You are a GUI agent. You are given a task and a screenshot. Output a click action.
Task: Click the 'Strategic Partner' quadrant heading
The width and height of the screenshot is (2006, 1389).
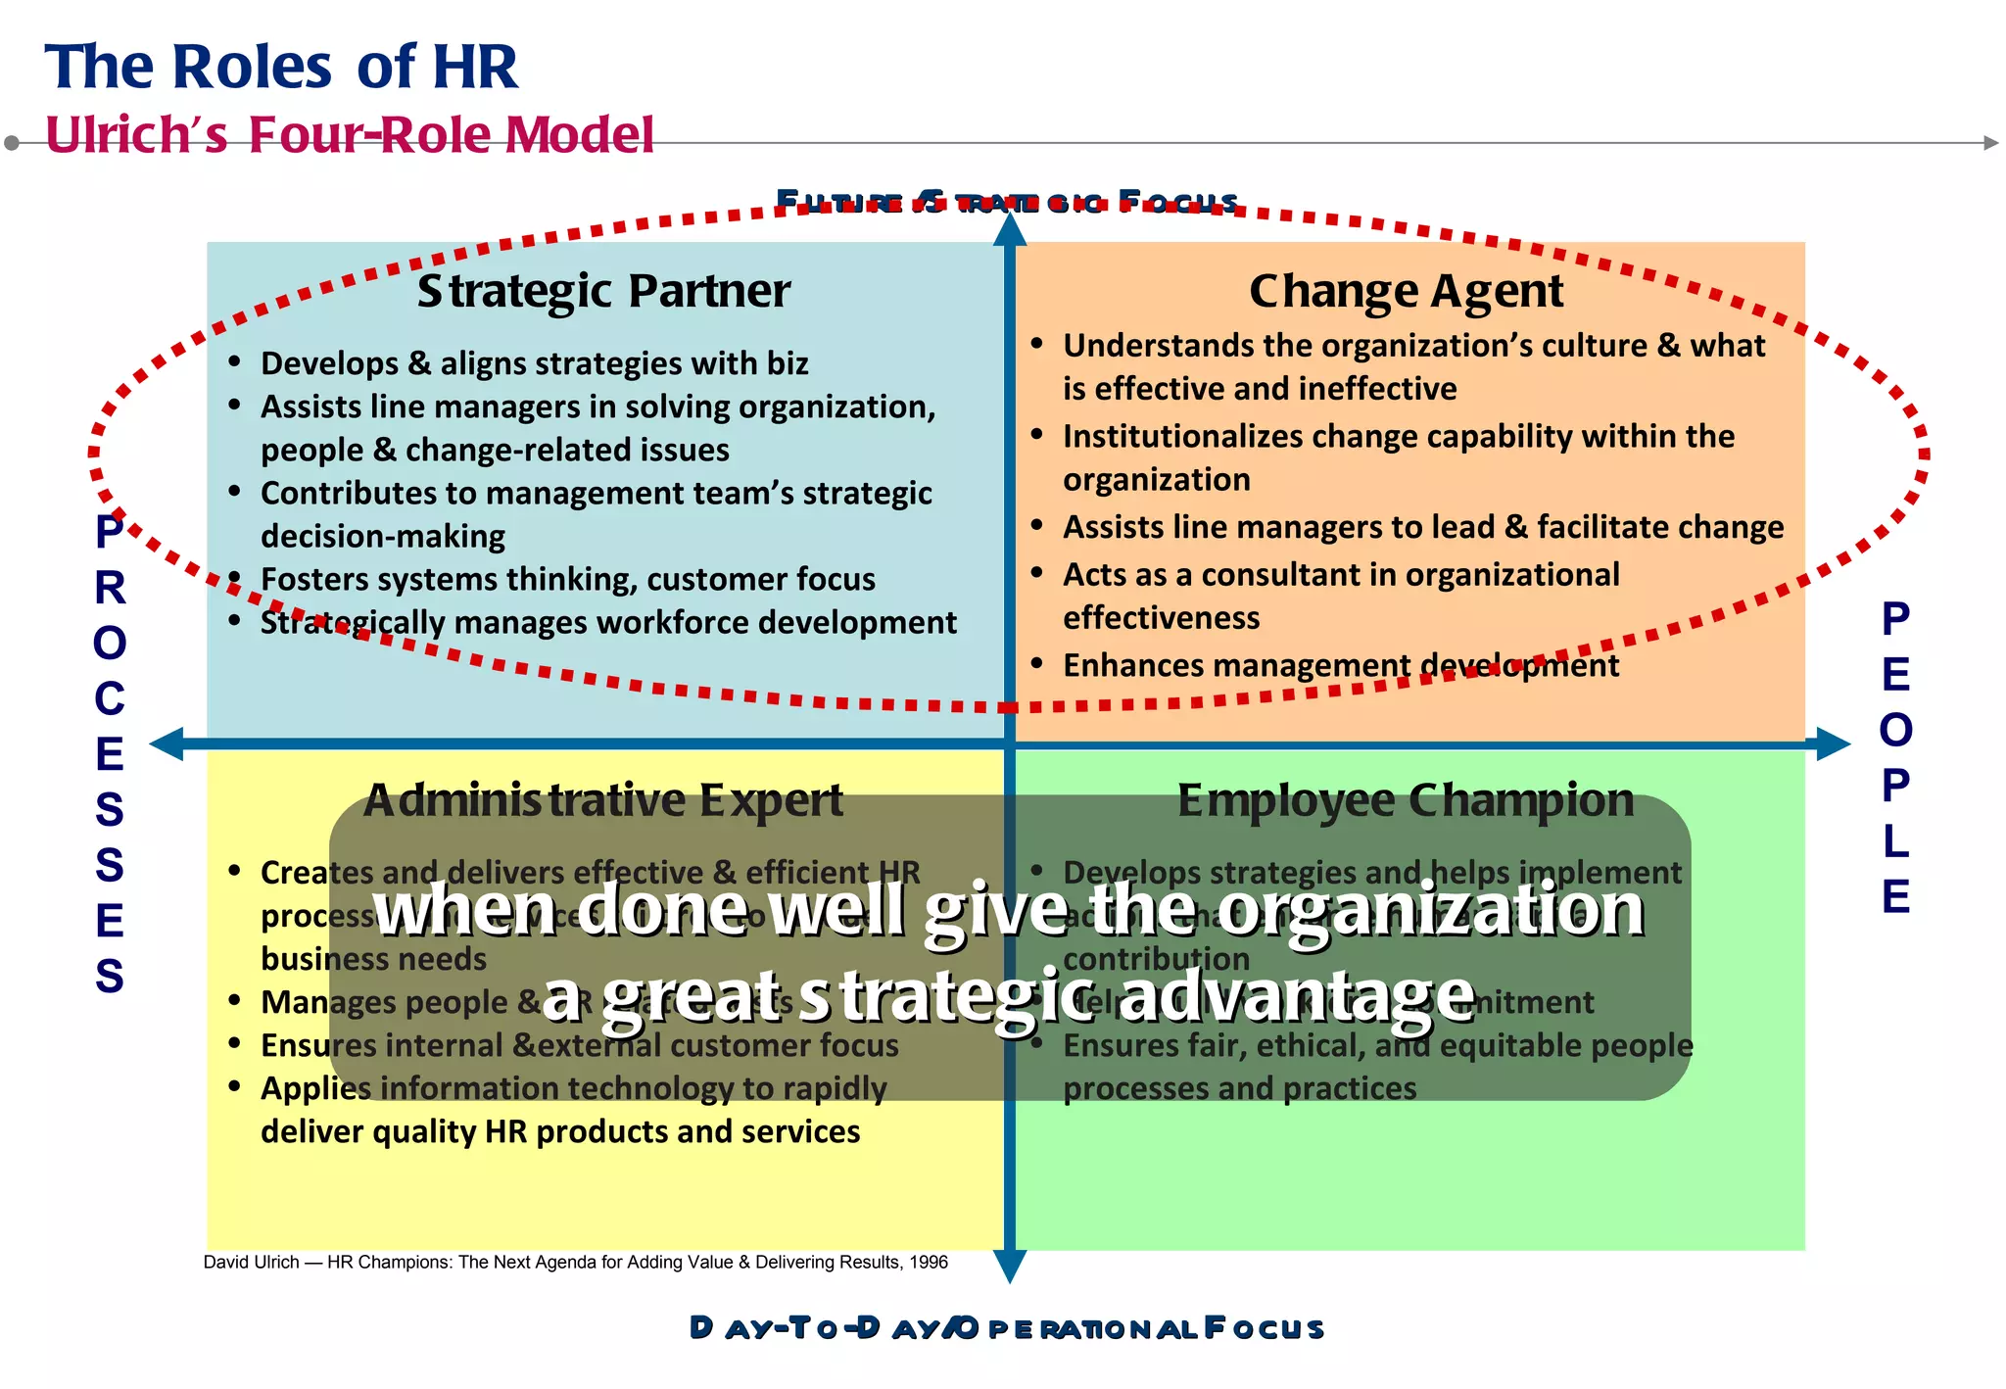click(x=603, y=291)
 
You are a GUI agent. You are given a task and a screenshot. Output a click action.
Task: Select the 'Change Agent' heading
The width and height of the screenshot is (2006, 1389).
click(x=1406, y=291)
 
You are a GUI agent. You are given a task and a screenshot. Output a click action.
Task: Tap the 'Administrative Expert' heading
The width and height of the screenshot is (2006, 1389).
click(x=603, y=800)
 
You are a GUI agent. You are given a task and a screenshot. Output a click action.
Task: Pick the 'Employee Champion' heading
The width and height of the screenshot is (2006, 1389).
click(x=1406, y=800)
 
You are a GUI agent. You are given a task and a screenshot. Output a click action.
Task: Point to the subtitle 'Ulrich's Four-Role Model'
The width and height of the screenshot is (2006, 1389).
click(x=350, y=134)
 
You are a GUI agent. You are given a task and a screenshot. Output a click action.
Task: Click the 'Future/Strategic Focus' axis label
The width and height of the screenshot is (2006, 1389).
click(x=1007, y=202)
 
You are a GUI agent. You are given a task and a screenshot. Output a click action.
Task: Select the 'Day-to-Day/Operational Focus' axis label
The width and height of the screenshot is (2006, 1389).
click(x=1007, y=1328)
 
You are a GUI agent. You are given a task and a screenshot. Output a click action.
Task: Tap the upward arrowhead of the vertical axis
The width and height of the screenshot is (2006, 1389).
click(x=1010, y=230)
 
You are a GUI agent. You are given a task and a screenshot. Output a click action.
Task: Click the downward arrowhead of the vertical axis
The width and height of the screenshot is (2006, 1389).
click(x=1010, y=1267)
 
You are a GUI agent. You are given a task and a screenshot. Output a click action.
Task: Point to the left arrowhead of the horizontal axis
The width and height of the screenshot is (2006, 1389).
click(x=167, y=744)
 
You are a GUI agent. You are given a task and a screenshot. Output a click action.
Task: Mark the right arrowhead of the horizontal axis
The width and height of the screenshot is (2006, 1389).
click(x=1833, y=744)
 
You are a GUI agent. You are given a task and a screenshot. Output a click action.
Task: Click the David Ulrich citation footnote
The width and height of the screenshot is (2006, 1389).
click(x=575, y=1262)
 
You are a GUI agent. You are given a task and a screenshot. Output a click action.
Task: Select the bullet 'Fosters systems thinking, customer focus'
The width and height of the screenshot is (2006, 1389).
click(x=567, y=579)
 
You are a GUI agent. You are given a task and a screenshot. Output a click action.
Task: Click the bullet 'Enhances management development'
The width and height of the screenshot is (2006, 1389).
click(x=1340, y=665)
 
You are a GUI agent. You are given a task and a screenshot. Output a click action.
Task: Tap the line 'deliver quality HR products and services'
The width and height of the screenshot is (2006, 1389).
click(x=560, y=1131)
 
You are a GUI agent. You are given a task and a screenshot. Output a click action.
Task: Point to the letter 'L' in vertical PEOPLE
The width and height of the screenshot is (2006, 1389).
click(x=1895, y=841)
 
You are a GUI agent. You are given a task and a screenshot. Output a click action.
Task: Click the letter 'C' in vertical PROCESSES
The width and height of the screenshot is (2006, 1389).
click(x=110, y=699)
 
